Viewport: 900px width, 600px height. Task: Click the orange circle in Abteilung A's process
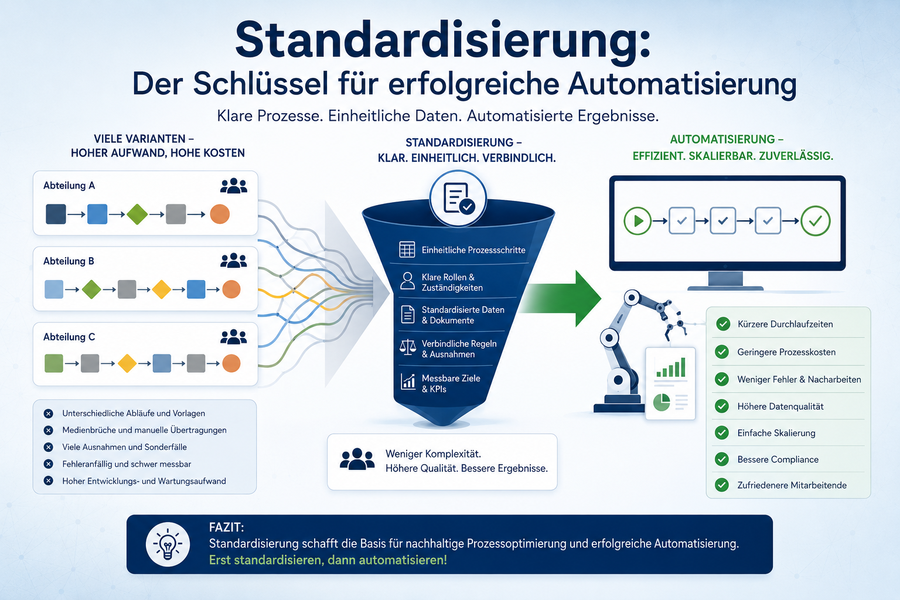[x=220, y=214]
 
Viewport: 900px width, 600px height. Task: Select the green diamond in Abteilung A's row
[x=138, y=214]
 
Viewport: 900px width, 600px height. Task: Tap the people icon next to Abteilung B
[x=233, y=261]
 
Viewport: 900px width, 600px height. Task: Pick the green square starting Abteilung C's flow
[x=54, y=363]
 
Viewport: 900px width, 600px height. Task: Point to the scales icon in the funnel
[x=408, y=347]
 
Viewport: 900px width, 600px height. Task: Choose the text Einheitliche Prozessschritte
[x=473, y=250]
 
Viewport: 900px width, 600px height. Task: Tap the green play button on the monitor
[x=637, y=221]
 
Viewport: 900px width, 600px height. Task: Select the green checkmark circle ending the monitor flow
[x=815, y=221]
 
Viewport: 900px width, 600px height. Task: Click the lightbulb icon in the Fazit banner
[x=168, y=544]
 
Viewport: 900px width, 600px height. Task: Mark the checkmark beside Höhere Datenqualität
[x=722, y=406]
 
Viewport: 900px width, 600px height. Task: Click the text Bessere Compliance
[x=778, y=459]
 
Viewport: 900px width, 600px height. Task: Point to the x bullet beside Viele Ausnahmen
[x=48, y=447]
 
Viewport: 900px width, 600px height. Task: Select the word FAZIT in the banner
[x=226, y=527]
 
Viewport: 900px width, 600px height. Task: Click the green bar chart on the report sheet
[x=670, y=367]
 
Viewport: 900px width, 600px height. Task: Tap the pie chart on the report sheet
[x=662, y=403]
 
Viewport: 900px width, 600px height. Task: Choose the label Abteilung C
[x=69, y=337]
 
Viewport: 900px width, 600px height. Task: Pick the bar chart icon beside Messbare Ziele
[x=408, y=381]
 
